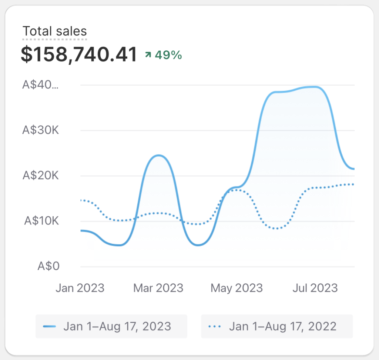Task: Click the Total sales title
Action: tap(54, 31)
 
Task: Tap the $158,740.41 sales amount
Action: tap(79, 54)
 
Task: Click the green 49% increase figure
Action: tap(168, 55)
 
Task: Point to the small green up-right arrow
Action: tap(148, 55)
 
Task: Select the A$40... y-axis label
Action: tap(40, 85)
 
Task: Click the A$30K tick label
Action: tap(40, 130)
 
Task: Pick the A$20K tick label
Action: tap(40, 176)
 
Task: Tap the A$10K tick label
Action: tap(41, 221)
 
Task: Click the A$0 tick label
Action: tap(48, 266)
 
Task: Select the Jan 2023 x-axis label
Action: tap(80, 288)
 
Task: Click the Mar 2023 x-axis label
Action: tap(158, 288)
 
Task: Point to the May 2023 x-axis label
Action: tap(237, 288)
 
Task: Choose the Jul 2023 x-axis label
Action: tap(315, 288)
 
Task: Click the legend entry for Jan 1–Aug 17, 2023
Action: tap(111, 326)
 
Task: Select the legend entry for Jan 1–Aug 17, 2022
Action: tap(277, 326)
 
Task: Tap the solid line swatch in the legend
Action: tap(49, 326)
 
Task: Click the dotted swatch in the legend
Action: tap(215, 326)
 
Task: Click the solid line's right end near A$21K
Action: tap(353, 169)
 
